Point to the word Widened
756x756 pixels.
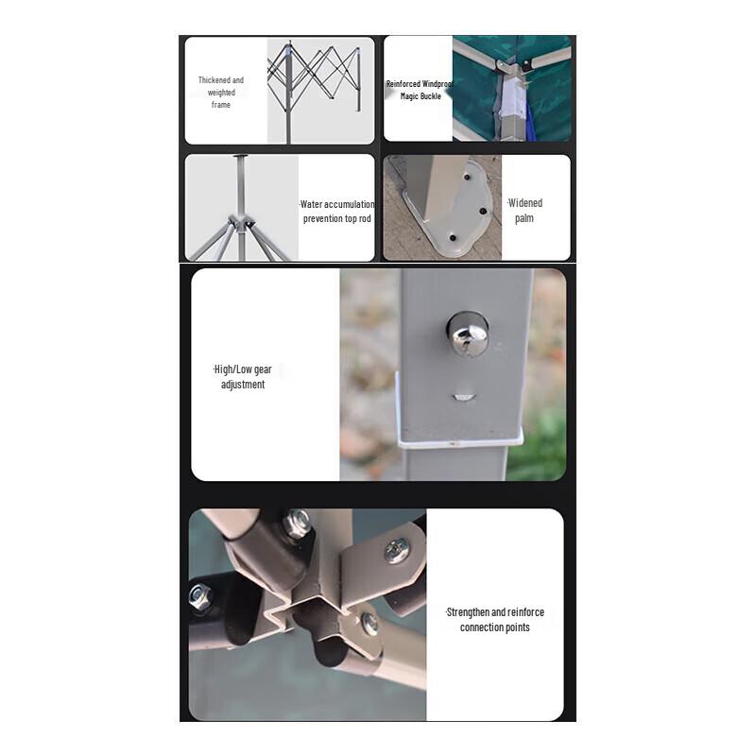pyautogui.click(x=525, y=203)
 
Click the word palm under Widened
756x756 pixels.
pyautogui.click(x=524, y=218)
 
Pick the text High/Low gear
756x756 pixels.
pyautogui.click(x=243, y=369)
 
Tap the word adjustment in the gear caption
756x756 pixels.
pyautogui.click(x=243, y=385)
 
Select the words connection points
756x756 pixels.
pyautogui.click(x=495, y=627)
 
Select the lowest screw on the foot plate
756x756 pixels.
pyautogui.click(x=453, y=236)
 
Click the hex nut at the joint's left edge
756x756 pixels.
pyautogui.click(x=199, y=596)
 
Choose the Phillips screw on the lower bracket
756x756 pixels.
pyautogui.click(x=369, y=623)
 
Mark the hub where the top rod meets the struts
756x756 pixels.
pyautogui.click(x=241, y=223)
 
